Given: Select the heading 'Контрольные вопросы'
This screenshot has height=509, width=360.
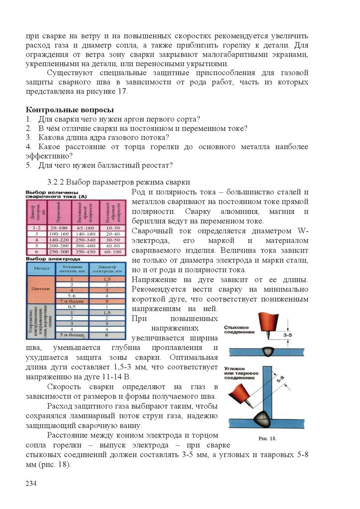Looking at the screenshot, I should (x=70, y=109).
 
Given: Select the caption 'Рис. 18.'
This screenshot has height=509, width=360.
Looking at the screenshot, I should (x=267, y=439).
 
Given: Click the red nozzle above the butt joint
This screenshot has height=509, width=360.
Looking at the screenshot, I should (x=266, y=323).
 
